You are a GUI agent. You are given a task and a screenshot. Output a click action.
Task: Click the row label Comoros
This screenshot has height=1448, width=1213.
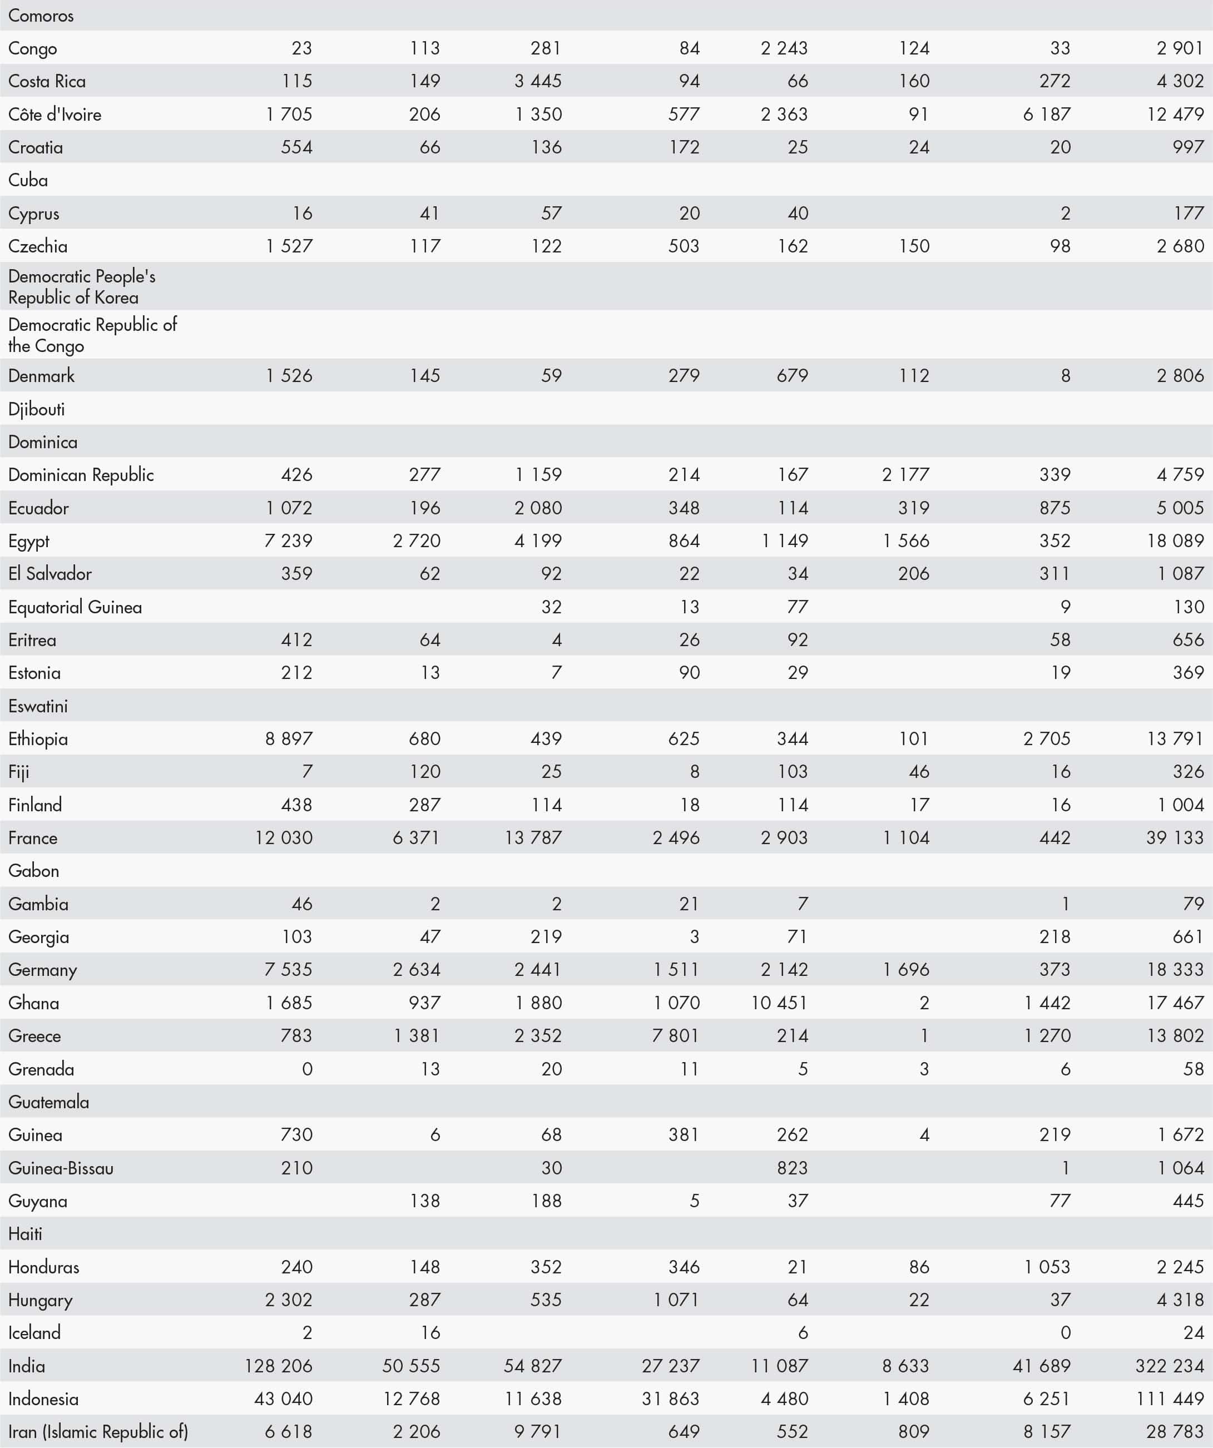pos(41,15)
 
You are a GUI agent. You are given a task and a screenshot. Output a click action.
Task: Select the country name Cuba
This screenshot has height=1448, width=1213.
pos(28,180)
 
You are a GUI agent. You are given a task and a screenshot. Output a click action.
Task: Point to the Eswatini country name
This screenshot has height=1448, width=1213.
pos(38,706)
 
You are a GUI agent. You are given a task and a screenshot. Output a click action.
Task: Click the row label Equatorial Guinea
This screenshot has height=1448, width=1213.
pos(75,607)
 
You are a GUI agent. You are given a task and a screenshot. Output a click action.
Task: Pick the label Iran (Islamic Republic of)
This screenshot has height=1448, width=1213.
pos(98,1431)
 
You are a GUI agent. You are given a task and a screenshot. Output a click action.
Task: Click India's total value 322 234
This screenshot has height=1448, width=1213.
pos(1170,1365)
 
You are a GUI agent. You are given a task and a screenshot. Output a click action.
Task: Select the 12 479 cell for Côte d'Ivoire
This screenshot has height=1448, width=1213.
pos(1175,114)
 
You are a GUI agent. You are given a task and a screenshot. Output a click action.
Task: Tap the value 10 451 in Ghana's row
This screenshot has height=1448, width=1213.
pos(779,1003)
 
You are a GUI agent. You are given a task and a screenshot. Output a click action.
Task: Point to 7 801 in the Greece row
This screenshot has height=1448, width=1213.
pos(676,1035)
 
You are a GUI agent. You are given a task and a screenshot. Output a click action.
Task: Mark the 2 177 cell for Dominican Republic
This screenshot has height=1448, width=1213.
pos(905,474)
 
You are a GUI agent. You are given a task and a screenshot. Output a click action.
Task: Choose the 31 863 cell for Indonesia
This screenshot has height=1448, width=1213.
pos(670,1399)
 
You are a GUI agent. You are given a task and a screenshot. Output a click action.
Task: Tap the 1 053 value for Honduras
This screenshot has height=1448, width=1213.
pos(1047,1267)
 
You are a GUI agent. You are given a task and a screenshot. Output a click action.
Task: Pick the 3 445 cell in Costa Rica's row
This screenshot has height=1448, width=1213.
pos(538,81)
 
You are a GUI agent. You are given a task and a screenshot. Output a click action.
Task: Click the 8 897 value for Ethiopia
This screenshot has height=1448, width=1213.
pos(289,738)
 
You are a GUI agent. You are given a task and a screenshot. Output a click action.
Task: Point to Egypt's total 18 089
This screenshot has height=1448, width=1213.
pos(1175,540)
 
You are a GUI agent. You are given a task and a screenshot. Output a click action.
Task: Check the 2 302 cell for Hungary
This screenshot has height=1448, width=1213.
pos(289,1300)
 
